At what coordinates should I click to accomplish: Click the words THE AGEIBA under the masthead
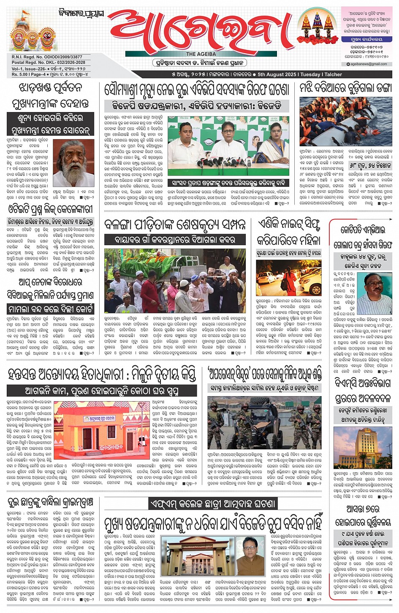tap(201, 54)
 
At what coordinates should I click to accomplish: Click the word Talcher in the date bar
tap(333, 74)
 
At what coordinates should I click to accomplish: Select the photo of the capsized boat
tap(345, 122)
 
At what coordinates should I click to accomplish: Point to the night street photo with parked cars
tap(288, 278)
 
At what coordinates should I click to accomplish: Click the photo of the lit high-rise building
tap(363, 447)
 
